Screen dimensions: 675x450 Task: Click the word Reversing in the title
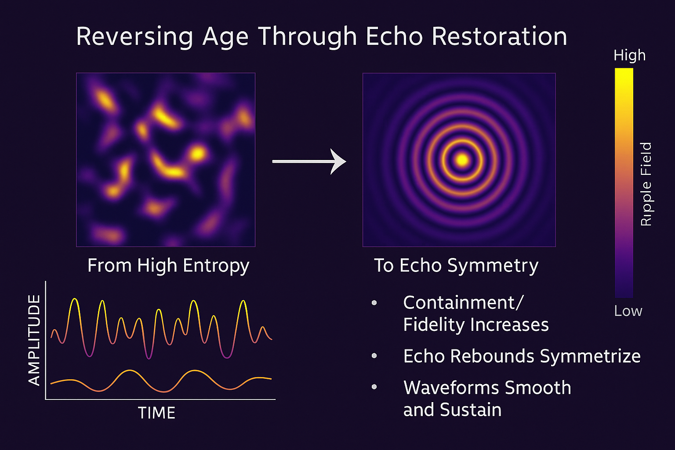click(134, 37)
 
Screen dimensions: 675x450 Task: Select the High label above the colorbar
click(629, 55)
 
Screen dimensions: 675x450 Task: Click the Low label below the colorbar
click(628, 311)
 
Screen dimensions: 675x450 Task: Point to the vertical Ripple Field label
click(646, 184)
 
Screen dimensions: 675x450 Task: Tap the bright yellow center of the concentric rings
click(462, 160)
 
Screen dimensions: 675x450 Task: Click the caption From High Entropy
click(168, 266)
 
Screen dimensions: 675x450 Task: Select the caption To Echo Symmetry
click(456, 266)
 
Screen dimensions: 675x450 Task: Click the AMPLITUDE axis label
click(34, 340)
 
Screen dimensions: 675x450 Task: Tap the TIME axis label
click(156, 413)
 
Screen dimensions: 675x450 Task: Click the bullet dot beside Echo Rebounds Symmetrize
click(374, 356)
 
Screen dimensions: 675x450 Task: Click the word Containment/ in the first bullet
click(464, 302)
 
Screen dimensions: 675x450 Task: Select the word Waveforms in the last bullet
click(452, 388)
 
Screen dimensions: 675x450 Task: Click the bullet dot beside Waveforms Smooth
click(374, 387)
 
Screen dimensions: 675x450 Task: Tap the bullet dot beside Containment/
click(374, 303)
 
